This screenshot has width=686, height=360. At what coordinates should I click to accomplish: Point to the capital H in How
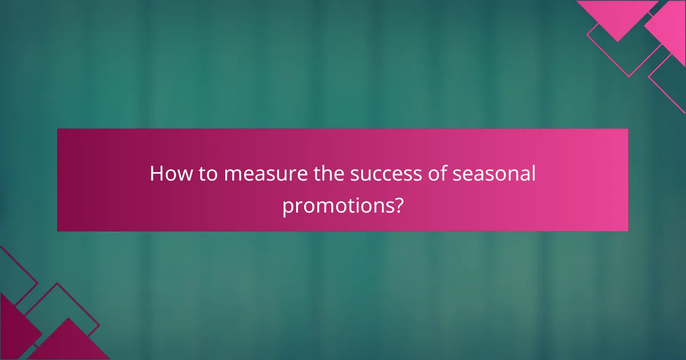click(156, 174)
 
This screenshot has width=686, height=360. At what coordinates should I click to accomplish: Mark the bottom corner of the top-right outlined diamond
click(629, 77)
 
